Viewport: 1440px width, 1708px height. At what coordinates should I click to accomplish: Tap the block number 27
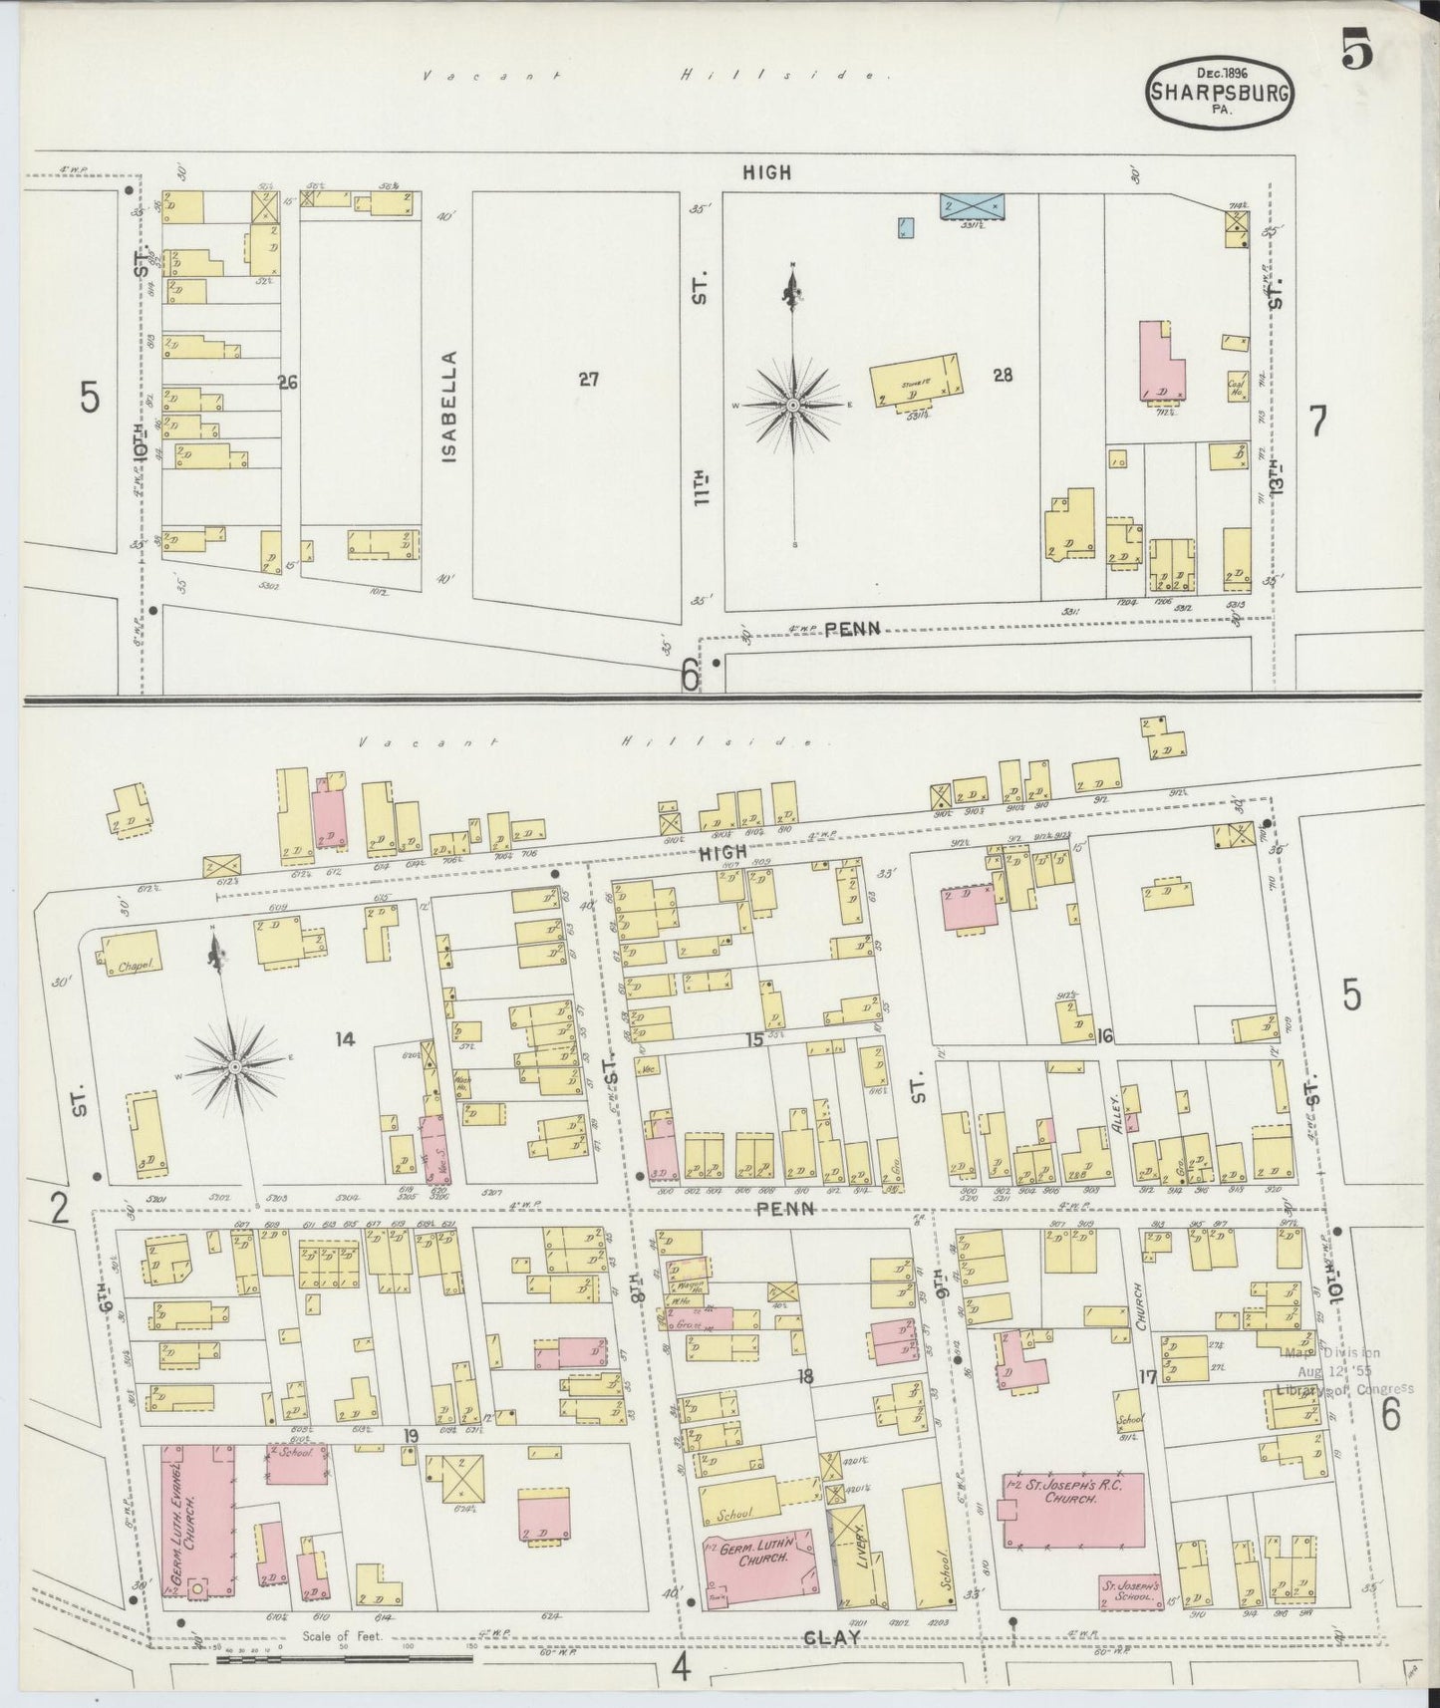click(x=588, y=378)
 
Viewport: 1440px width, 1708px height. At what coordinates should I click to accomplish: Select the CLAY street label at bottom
click(x=832, y=1635)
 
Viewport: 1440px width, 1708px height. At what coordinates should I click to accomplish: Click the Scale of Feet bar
click(x=344, y=1659)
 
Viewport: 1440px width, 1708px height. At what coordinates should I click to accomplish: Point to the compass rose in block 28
click(x=792, y=405)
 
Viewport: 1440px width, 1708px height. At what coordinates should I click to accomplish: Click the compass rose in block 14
click(x=233, y=1066)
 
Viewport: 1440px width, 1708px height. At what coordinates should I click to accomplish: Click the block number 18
click(x=805, y=1376)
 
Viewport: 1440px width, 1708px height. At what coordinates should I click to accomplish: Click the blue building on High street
click(x=973, y=205)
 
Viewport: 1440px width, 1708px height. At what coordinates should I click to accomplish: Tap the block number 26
click(x=288, y=381)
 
